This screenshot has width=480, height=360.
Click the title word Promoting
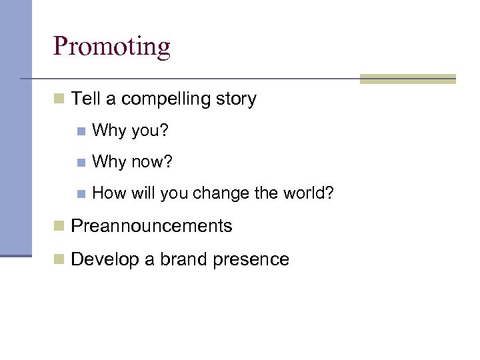point(112,47)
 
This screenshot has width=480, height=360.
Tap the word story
point(236,99)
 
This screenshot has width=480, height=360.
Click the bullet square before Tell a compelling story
point(59,100)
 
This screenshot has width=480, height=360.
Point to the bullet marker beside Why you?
point(81,131)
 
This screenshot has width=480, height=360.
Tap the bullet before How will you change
point(81,195)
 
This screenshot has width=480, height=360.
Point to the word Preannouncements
point(151,226)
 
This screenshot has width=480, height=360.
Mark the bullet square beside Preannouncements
point(59,227)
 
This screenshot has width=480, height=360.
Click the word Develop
point(103,259)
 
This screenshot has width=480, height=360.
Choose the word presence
point(251,259)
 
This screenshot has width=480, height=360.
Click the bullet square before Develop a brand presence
point(59,260)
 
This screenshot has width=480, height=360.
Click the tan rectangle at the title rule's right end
point(407,79)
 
